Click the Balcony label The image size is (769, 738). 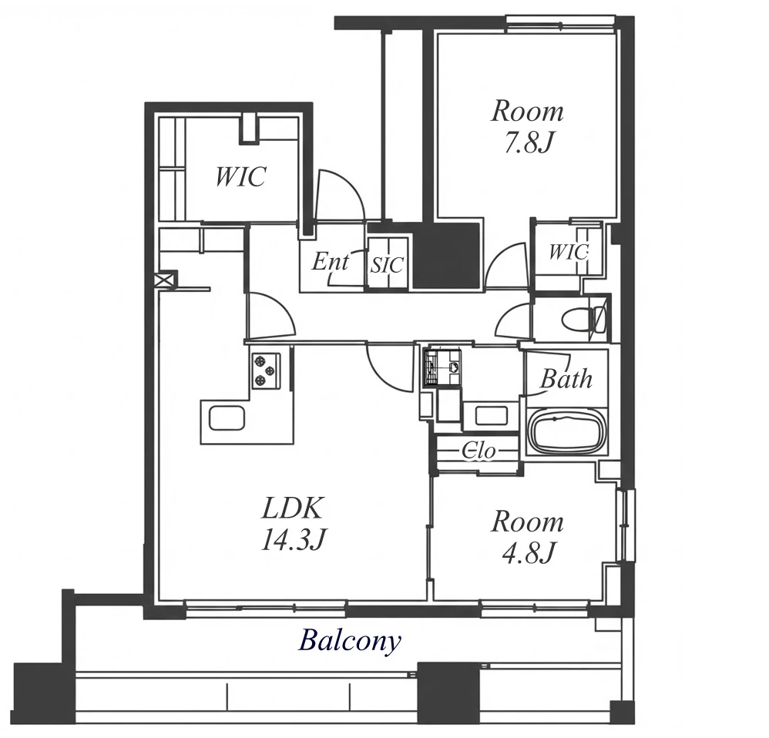(350, 641)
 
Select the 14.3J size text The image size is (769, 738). (294, 539)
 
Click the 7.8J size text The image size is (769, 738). (529, 143)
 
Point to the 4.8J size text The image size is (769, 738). (529, 552)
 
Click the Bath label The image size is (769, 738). (566, 379)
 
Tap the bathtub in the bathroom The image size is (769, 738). (567, 432)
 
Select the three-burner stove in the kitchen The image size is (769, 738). (265, 371)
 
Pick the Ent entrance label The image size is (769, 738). (330, 261)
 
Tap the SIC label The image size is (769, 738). (387, 265)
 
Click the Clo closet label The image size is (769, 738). (479, 451)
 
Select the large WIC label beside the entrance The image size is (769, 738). (241, 176)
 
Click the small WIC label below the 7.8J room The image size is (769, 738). (568, 252)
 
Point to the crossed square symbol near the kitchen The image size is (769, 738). (164, 280)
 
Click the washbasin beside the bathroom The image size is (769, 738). (485, 415)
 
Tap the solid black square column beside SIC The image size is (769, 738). (446, 256)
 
